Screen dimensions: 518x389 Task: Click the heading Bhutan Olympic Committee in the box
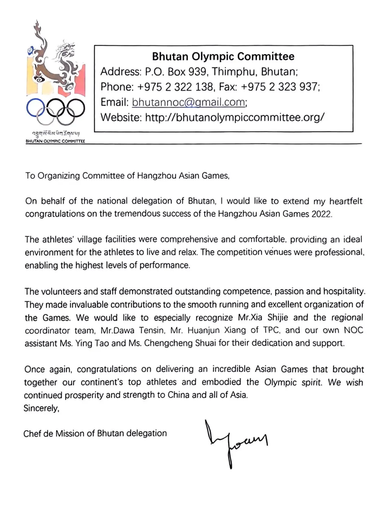[223, 57]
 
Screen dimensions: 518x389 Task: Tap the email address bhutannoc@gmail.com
[189, 102]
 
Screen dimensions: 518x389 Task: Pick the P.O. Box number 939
[197, 72]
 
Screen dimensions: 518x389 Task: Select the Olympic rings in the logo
[55, 110]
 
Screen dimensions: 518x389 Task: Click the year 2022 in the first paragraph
[321, 214]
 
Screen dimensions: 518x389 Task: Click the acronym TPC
[271, 330]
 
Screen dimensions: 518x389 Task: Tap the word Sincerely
[41, 408]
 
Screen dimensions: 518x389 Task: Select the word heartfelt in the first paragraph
[346, 201]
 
